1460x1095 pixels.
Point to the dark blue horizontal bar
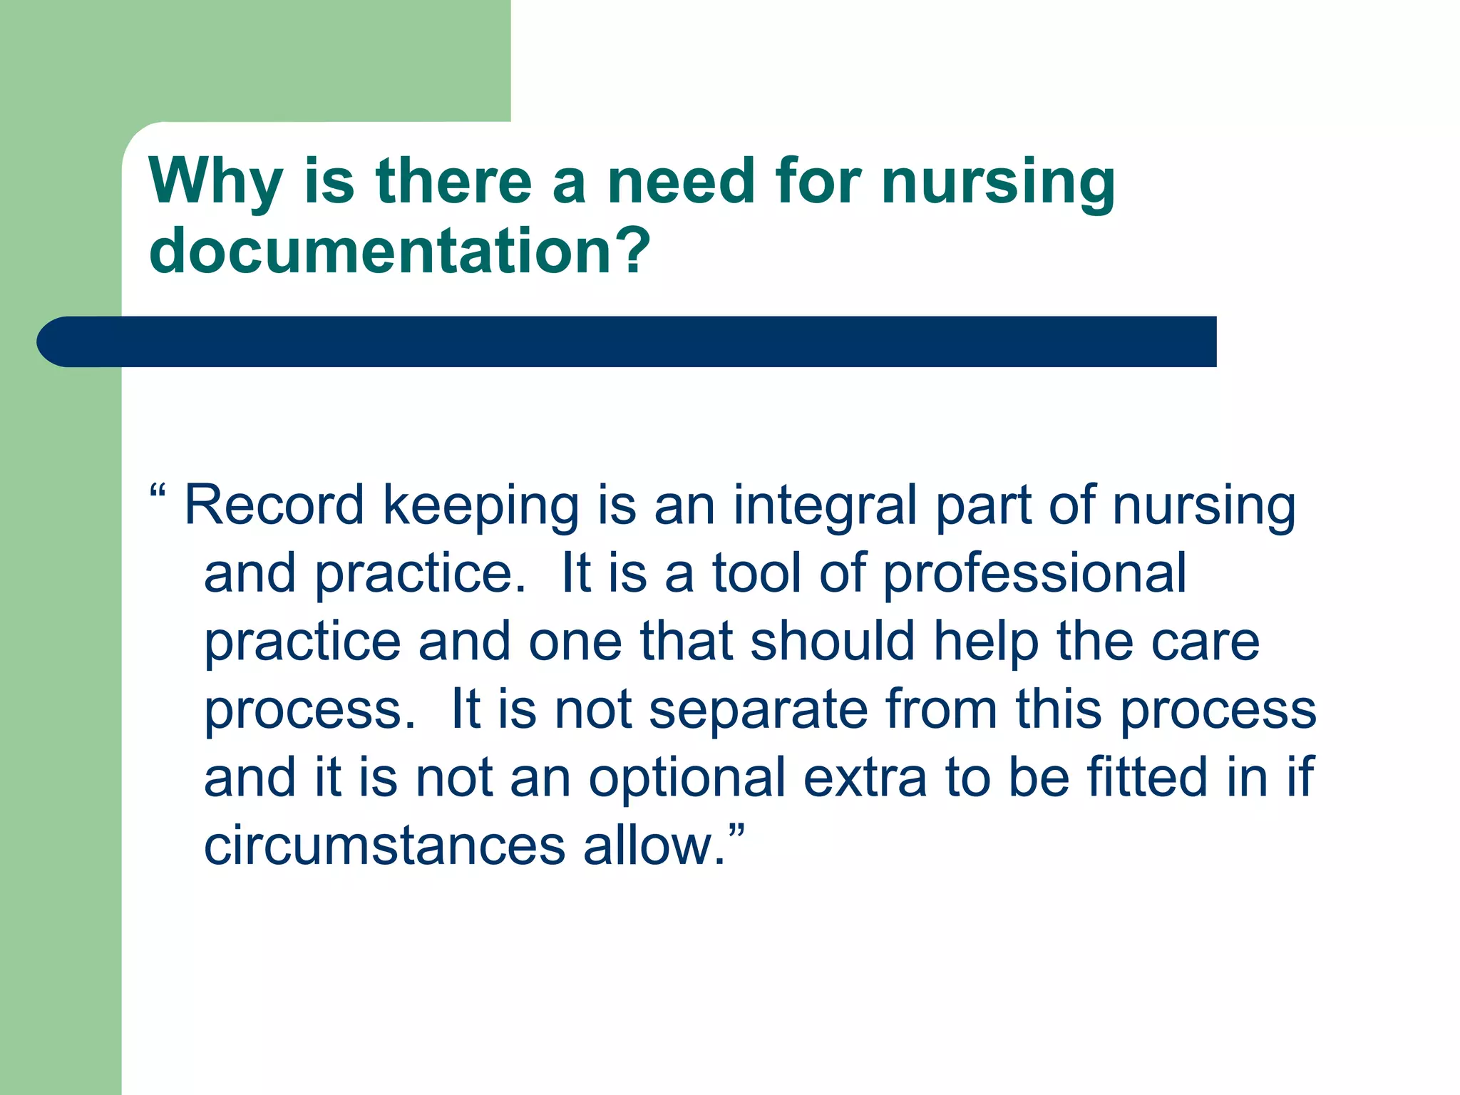pos(627,341)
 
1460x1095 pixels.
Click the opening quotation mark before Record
pos(158,492)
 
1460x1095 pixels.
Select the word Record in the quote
pos(274,505)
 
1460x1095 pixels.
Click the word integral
pos(826,508)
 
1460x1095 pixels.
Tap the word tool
pos(758,573)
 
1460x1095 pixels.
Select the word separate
pos(759,711)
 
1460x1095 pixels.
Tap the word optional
pos(687,778)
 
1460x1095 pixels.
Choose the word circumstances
pos(385,846)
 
